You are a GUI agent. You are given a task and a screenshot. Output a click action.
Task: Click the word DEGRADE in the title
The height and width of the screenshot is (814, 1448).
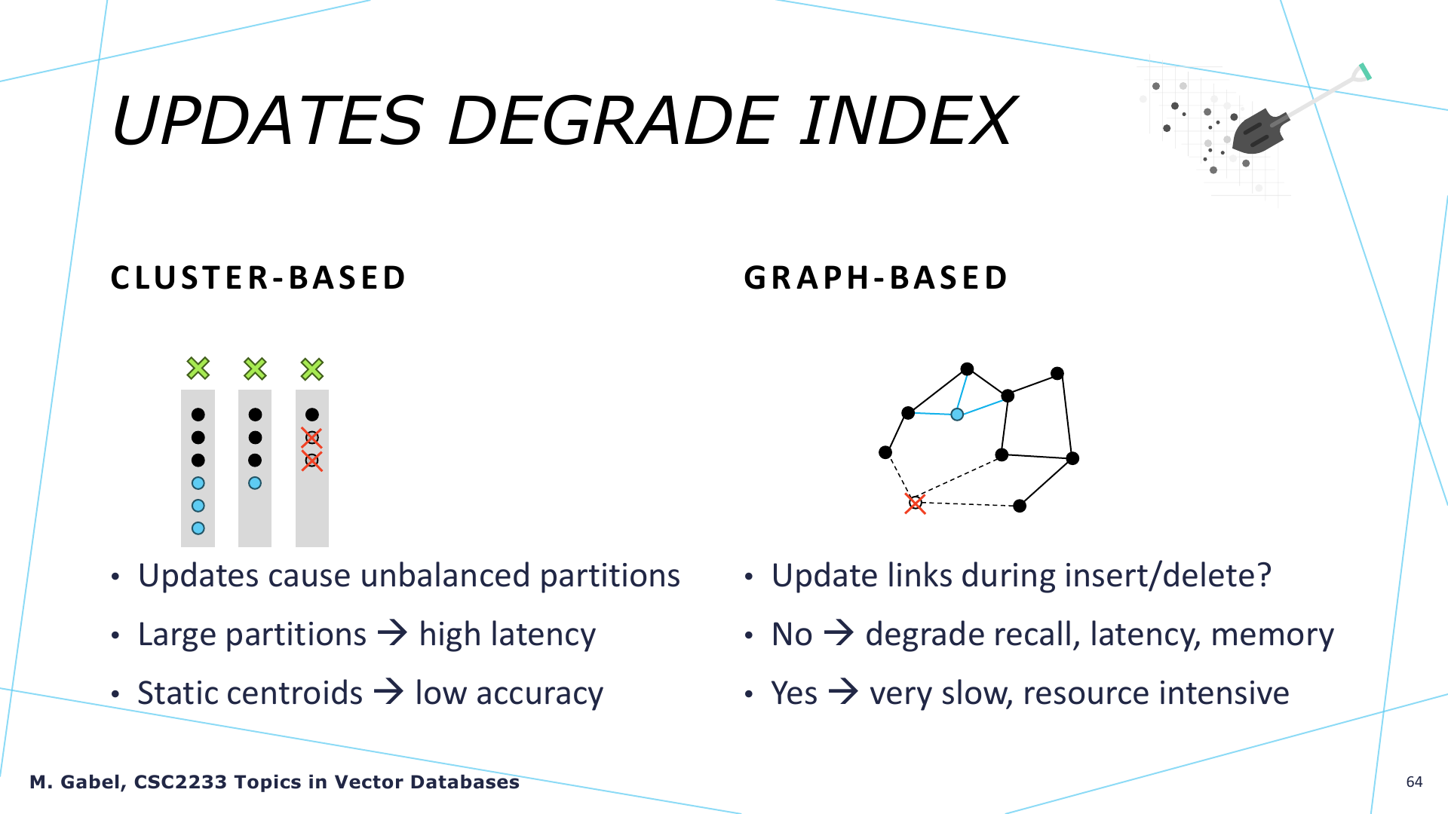click(613, 121)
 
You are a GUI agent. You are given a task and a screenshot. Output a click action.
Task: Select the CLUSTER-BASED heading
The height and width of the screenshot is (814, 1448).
click(259, 277)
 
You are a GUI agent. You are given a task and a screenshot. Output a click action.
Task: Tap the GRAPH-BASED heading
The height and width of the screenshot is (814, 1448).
click(876, 277)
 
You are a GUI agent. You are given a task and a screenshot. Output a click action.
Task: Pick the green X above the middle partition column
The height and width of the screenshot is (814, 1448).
click(255, 369)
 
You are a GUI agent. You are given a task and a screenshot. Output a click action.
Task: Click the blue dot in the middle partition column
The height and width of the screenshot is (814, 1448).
click(255, 483)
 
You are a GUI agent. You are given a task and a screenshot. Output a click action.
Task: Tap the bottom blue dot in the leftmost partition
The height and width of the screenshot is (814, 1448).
click(198, 528)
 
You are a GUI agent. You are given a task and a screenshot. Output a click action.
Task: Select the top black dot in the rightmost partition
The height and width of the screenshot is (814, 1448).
click(312, 415)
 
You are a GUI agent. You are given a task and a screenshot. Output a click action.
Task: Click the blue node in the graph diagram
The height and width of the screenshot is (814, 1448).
click(957, 415)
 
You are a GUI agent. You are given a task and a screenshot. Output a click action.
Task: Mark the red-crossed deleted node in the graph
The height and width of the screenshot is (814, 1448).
click(915, 503)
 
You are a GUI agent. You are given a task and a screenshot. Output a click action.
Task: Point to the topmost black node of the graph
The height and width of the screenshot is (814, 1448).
click(967, 369)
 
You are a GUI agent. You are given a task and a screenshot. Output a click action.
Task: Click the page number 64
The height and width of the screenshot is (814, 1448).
click(1414, 782)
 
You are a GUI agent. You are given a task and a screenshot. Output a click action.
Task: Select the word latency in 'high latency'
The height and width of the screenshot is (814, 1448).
click(543, 635)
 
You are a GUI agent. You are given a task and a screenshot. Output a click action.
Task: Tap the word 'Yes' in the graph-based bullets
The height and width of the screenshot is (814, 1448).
click(794, 693)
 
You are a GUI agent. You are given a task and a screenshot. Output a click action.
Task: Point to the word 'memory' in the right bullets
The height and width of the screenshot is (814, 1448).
click(1272, 635)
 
